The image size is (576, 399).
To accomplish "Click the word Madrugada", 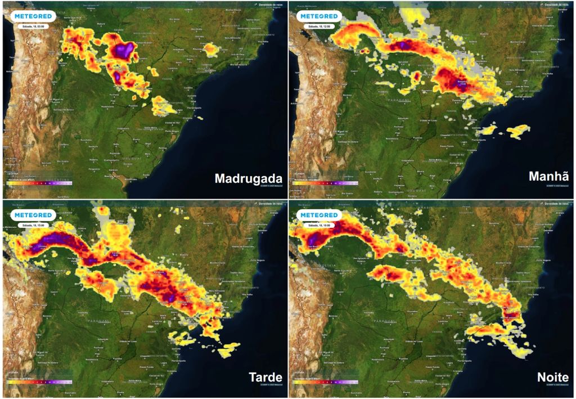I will pyautogui.click(x=248, y=179).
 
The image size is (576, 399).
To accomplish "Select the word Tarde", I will pyautogui.click(x=265, y=376).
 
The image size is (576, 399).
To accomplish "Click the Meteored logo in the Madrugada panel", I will pyautogui.click(x=34, y=16).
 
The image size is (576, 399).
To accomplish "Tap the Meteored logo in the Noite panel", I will pyautogui.click(x=319, y=215).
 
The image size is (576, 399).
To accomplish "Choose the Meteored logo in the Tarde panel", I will pyautogui.click(x=34, y=215).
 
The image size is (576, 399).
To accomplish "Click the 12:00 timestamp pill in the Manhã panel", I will pyautogui.click(x=318, y=26).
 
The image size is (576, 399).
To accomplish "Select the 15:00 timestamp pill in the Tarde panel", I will pyautogui.click(x=34, y=225).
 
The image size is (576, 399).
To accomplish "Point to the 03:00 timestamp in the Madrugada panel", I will pyautogui.click(x=34, y=26).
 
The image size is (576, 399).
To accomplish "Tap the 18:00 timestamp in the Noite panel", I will pyautogui.click(x=319, y=225).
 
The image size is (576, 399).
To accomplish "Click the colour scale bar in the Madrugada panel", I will pyautogui.click(x=39, y=183).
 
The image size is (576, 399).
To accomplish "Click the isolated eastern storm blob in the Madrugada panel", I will pyautogui.click(x=211, y=50).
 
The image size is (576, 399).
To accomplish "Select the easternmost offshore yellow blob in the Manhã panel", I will pyautogui.click(x=517, y=132).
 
